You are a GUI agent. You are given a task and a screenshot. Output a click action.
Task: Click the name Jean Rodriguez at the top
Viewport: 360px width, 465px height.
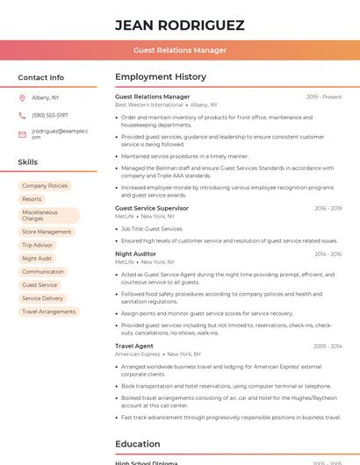click(x=179, y=25)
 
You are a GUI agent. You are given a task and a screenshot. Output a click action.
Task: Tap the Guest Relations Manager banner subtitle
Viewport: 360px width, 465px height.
click(x=179, y=51)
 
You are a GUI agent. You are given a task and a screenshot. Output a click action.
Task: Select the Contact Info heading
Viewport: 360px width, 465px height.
click(x=41, y=77)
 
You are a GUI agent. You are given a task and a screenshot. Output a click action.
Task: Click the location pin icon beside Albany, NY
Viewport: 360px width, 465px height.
click(x=22, y=97)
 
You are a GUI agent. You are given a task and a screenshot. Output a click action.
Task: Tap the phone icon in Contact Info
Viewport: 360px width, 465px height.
click(x=22, y=115)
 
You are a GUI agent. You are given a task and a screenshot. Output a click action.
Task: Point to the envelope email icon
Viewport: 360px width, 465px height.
click(x=22, y=134)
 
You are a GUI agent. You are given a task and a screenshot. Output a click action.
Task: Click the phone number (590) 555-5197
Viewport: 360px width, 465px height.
click(x=49, y=115)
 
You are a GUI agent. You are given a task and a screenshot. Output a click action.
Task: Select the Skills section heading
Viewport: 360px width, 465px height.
click(x=28, y=162)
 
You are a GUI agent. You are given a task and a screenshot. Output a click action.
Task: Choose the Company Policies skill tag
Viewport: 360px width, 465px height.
click(x=45, y=186)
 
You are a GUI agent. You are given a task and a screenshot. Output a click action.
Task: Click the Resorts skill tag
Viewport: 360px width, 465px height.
click(x=32, y=199)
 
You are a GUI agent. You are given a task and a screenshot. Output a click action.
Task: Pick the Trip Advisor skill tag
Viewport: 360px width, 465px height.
click(x=38, y=246)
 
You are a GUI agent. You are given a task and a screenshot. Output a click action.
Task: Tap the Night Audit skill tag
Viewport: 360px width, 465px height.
click(x=37, y=259)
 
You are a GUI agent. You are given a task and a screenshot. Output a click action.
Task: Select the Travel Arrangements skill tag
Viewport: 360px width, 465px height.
click(x=48, y=311)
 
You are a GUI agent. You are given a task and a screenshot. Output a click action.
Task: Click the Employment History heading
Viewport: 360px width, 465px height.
click(x=161, y=77)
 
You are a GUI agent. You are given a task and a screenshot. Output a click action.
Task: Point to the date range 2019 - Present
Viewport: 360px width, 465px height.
click(x=324, y=97)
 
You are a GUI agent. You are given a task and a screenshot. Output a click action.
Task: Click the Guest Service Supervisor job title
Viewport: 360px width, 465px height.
click(x=152, y=208)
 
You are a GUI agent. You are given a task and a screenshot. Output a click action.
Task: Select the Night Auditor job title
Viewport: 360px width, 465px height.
click(x=135, y=254)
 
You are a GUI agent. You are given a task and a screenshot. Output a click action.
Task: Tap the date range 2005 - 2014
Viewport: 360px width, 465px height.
click(x=328, y=347)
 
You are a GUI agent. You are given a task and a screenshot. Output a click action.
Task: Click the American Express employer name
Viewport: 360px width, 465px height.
click(x=138, y=354)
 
